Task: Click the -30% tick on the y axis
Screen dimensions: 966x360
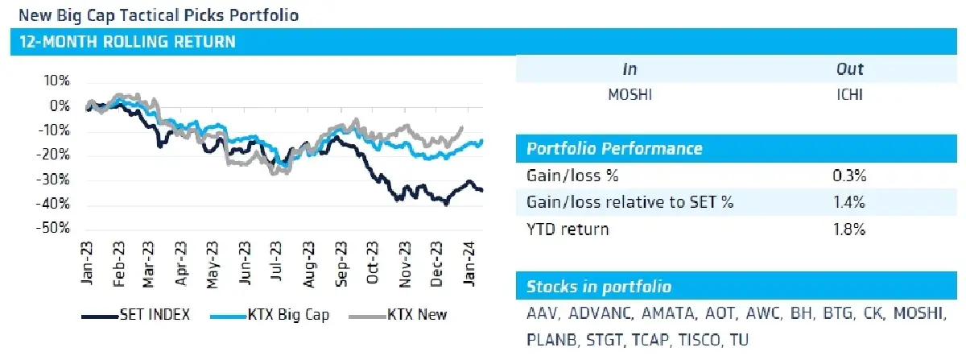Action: [52, 179]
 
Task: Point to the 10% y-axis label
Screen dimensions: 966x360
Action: [56, 81]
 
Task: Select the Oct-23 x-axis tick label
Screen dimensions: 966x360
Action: [372, 263]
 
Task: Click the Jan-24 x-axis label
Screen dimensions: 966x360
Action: [469, 263]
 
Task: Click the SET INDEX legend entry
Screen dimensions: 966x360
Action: [136, 315]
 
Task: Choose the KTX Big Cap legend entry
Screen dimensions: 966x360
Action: [270, 315]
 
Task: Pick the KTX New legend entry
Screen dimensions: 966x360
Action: [398, 315]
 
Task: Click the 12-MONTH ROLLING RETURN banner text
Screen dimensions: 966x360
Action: [128, 42]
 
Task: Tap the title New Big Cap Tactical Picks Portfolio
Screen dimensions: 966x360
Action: [159, 15]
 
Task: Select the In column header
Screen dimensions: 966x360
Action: [630, 69]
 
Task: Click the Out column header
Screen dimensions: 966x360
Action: [849, 69]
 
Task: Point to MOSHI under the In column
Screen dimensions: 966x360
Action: [630, 94]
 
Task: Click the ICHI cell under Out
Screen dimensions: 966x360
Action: [849, 94]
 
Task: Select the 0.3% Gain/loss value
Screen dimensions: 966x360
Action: [849, 176]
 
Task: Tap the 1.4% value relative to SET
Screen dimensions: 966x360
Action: [849, 202]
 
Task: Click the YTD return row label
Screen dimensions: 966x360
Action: [568, 230]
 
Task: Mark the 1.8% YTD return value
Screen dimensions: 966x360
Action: [849, 230]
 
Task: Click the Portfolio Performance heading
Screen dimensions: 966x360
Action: [614, 148]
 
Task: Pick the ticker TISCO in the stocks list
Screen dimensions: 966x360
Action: [699, 340]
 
